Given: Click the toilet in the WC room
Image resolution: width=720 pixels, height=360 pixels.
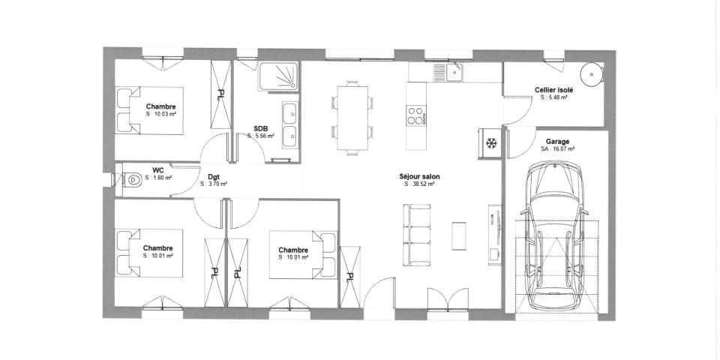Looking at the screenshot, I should [x=130, y=180].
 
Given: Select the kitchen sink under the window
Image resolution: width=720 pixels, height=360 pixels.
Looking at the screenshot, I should [x=453, y=72].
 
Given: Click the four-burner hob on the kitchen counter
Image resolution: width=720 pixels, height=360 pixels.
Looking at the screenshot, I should [x=415, y=115].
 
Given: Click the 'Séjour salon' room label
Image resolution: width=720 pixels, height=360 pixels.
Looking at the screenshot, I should [x=420, y=177].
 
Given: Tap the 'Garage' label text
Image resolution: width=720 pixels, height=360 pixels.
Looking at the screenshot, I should [x=557, y=141].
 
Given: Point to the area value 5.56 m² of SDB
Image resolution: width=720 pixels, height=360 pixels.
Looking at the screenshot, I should [x=261, y=136].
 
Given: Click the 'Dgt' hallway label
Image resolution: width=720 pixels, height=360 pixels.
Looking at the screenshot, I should [x=214, y=177].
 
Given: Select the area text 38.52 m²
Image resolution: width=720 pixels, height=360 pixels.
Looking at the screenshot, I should [x=420, y=184].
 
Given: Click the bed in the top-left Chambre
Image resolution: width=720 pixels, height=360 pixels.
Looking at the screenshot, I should [x=150, y=110].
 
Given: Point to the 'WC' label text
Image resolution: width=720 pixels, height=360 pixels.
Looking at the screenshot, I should [x=158, y=170].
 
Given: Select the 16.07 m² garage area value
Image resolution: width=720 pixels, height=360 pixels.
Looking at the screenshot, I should [x=557, y=148].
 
